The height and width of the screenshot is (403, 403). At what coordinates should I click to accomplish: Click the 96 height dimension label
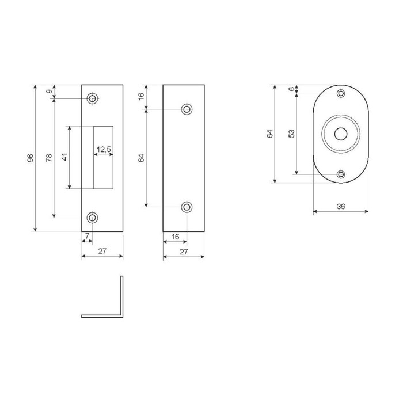tap(31, 158)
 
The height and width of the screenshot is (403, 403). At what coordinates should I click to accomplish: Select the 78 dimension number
tap(49, 157)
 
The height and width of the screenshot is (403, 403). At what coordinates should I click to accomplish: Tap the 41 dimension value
tap(64, 157)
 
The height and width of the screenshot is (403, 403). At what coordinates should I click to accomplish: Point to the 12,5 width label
tap(104, 149)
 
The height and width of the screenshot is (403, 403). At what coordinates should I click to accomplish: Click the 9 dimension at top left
tap(50, 91)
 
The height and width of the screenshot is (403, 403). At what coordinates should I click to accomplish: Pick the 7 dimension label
tap(87, 235)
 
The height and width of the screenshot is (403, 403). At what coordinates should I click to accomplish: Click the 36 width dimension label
tap(341, 206)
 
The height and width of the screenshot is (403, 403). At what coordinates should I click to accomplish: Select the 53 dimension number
tap(292, 134)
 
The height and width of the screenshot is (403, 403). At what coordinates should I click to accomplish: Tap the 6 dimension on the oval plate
tap(292, 89)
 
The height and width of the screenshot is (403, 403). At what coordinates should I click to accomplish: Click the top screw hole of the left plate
tap(92, 98)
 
